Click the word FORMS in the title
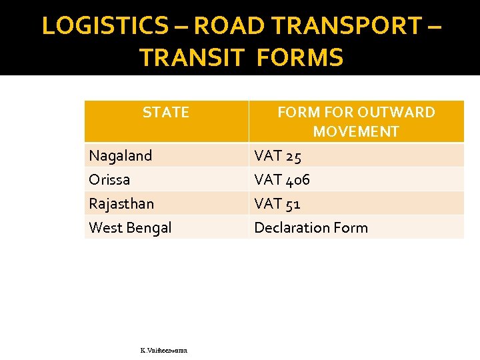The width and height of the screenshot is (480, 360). pos(299,58)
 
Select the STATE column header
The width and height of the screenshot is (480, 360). pos(166,113)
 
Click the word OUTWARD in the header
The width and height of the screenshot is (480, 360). pos(396,113)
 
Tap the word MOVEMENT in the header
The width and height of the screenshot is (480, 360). pos(356,131)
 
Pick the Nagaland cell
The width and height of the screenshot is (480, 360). pos(121,155)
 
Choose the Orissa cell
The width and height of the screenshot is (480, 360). pos(109,179)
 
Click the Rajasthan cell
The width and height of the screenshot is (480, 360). pos(121,203)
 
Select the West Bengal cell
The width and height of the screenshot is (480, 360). pos(130,227)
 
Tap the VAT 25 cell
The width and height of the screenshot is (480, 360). pos(277,156)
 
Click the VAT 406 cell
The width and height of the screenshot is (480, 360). pos(282,180)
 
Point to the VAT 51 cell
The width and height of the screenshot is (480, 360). pos(277,204)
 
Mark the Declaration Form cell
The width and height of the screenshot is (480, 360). pos(311,227)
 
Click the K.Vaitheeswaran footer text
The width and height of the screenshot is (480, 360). pos(164,349)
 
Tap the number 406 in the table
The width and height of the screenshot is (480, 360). pos(297,180)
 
